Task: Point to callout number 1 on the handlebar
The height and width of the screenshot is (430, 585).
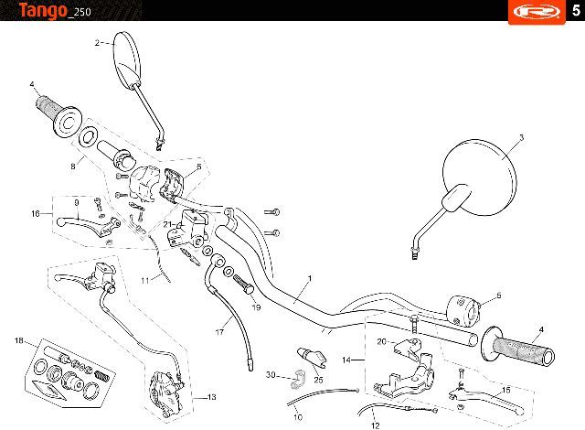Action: tap(310, 278)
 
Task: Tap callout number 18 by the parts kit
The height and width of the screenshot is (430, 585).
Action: tap(18, 341)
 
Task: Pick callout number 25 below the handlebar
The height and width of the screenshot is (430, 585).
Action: tap(318, 380)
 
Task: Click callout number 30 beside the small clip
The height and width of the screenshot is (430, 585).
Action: tap(271, 375)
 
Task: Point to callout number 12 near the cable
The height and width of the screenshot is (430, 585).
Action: tap(376, 425)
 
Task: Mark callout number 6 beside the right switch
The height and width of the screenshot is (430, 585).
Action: tap(499, 296)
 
